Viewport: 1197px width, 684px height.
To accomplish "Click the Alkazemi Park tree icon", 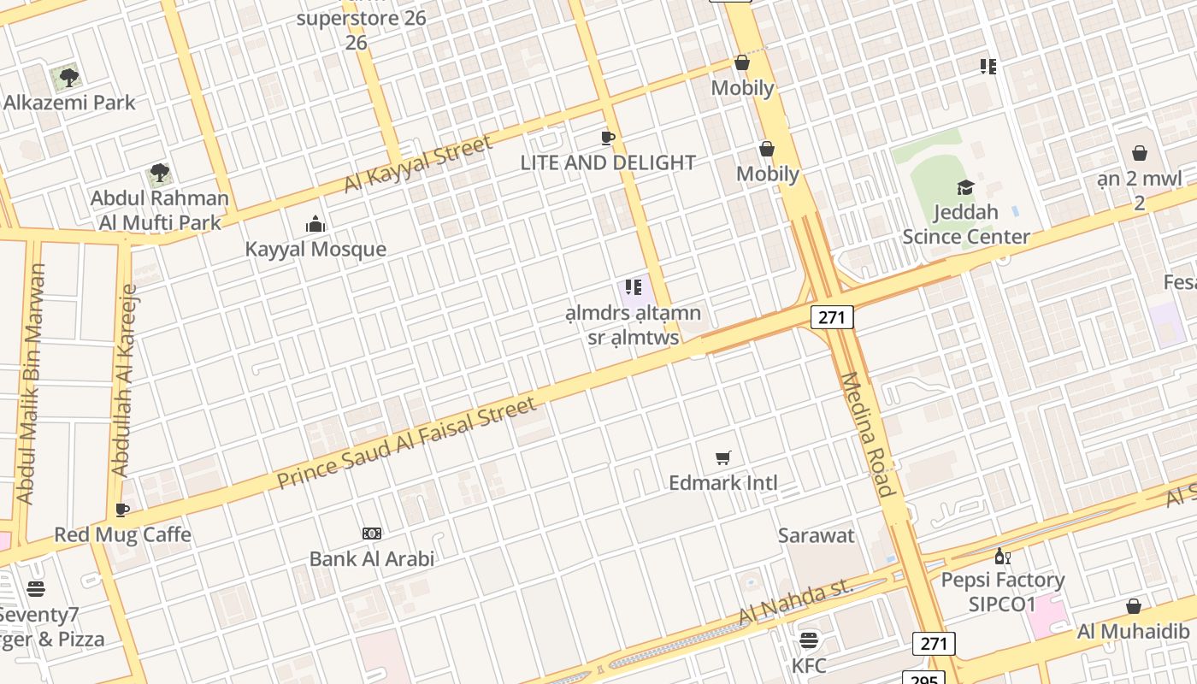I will click(x=69, y=78).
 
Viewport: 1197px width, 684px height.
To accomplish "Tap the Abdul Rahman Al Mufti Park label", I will click(x=160, y=210).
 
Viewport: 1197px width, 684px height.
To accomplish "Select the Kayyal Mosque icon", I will click(x=315, y=225).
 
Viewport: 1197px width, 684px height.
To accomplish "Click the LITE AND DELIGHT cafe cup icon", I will click(x=608, y=138).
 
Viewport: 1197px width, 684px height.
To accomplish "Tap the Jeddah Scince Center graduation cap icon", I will click(x=965, y=188).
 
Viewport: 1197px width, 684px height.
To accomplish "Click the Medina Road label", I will click(x=868, y=433).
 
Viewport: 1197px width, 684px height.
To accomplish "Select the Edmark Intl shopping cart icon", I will click(x=723, y=458).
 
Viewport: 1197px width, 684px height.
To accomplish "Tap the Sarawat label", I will click(x=816, y=536).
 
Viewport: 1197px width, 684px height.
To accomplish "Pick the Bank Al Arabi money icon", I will click(x=372, y=534).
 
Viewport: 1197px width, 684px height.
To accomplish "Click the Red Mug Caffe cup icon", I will click(x=122, y=510).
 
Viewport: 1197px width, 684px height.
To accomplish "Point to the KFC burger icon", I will click(x=809, y=640).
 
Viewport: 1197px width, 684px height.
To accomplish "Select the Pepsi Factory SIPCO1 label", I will click(x=1002, y=592).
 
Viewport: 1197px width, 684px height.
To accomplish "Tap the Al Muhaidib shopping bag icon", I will click(x=1134, y=607).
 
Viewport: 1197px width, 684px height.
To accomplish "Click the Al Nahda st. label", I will click(x=795, y=600).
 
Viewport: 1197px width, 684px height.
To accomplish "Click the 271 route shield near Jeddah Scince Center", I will click(x=832, y=318).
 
